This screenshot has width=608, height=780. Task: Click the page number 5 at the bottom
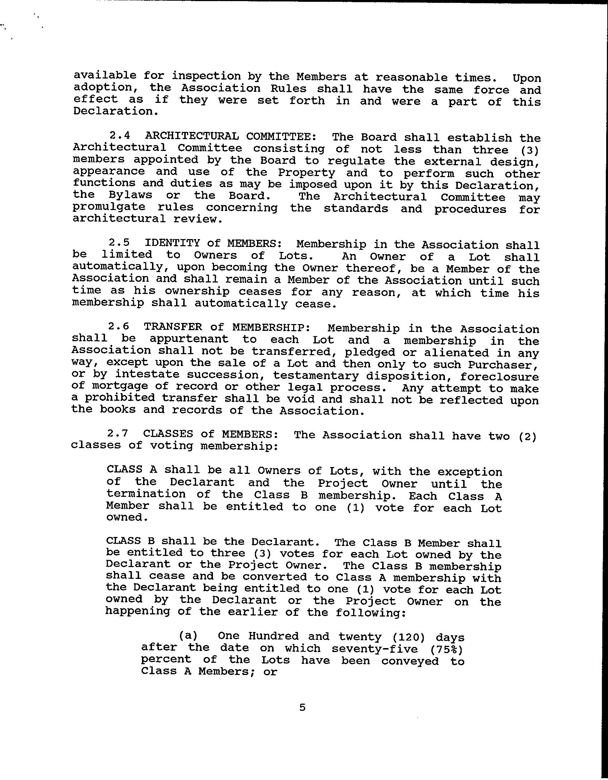[303, 707]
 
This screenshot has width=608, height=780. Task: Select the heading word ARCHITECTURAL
[192, 136]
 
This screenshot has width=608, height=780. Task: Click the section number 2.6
[118, 327]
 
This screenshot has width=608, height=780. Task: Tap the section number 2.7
[118, 433]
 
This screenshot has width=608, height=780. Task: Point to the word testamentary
[316, 376]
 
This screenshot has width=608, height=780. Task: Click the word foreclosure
[499, 377]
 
